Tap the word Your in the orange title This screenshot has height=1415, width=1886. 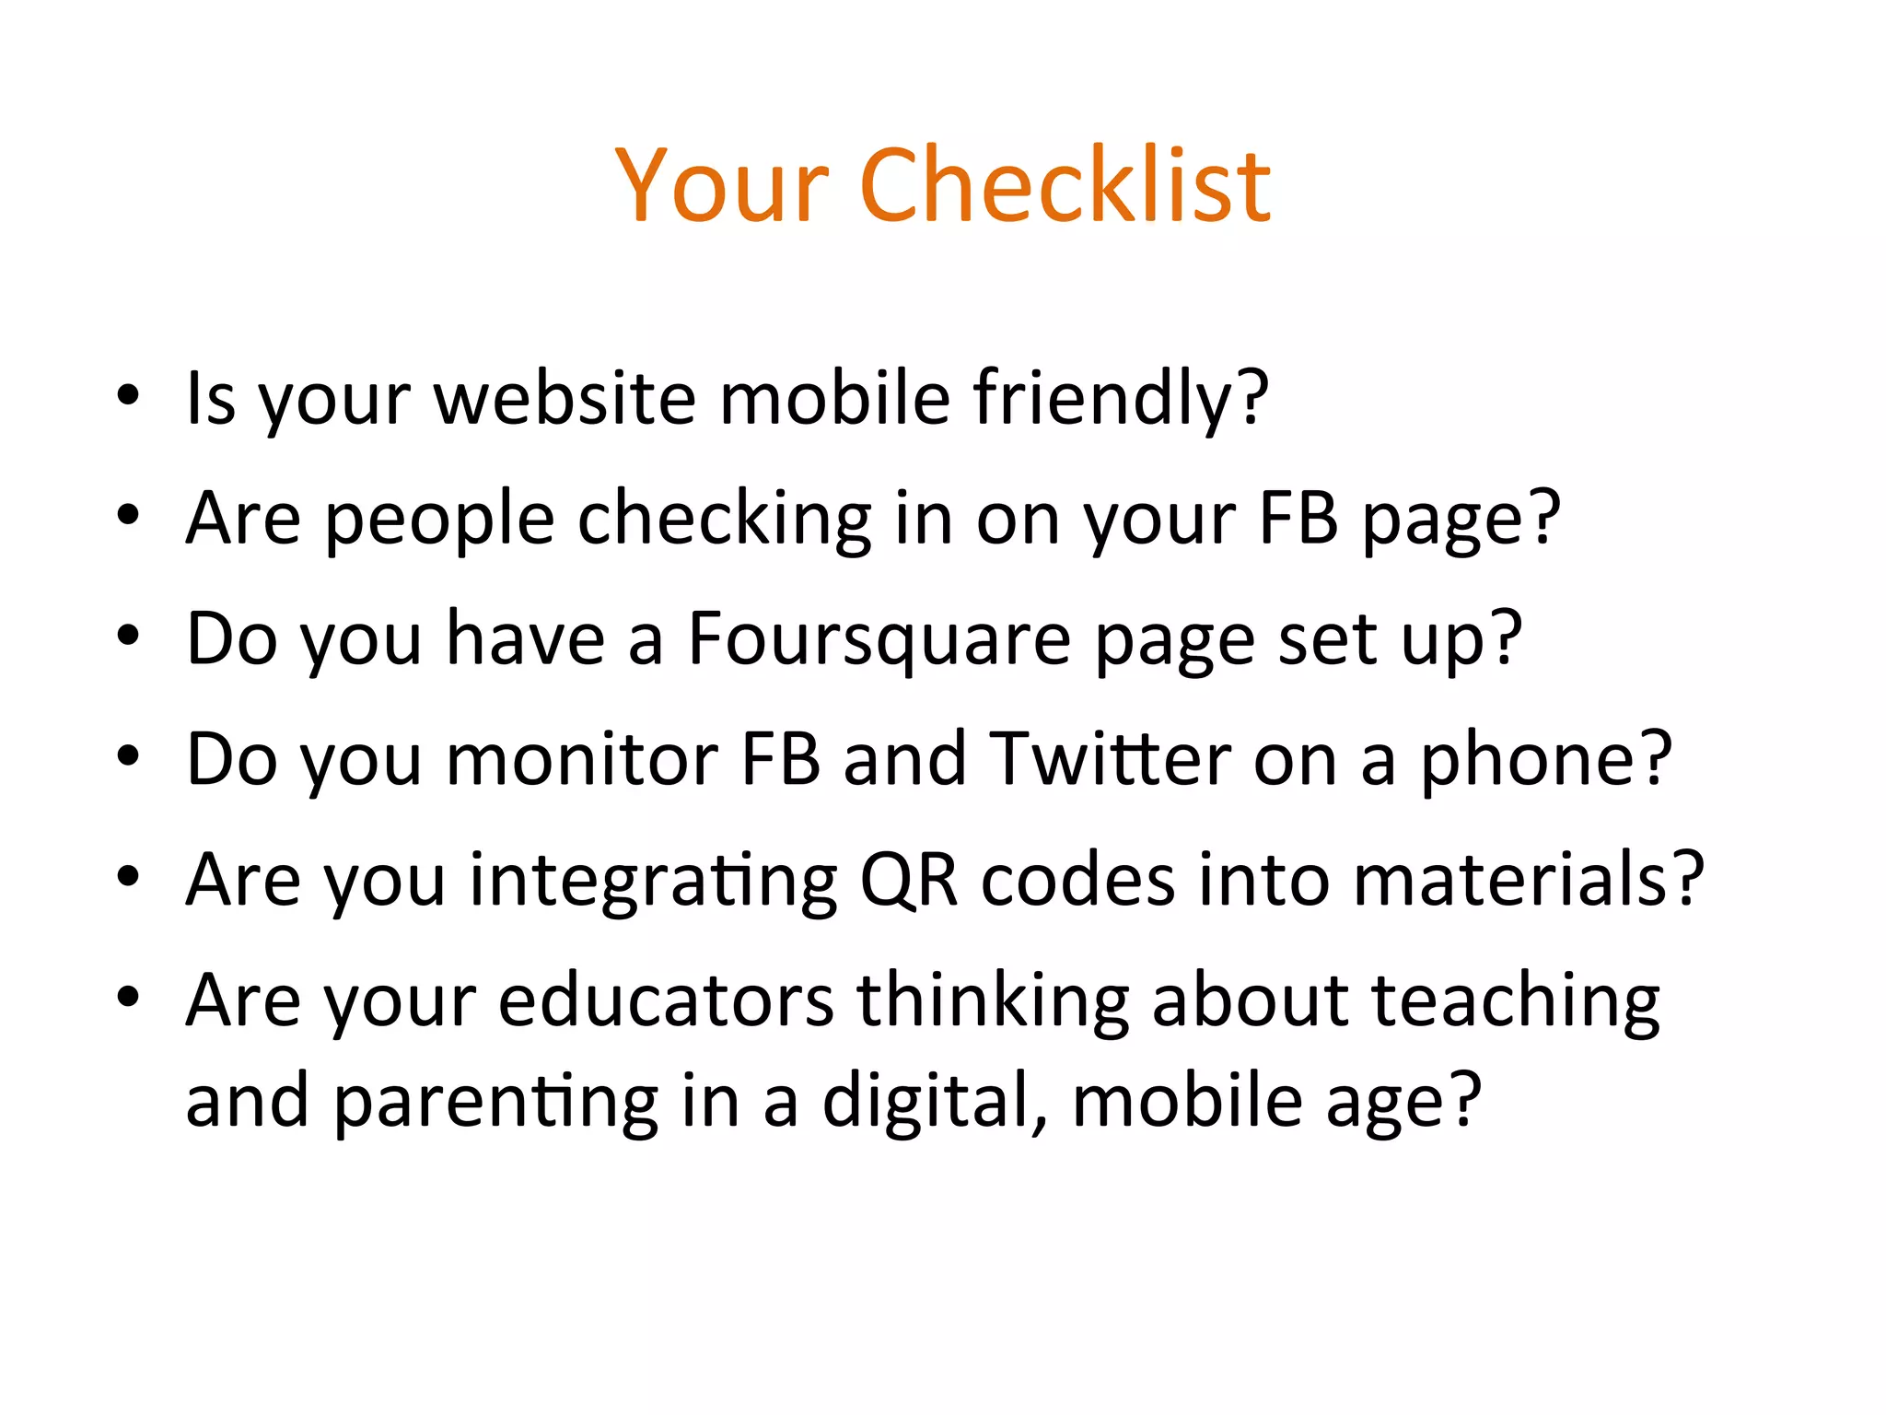(x=722, y=187)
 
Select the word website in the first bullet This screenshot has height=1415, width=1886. (x=565, y=399)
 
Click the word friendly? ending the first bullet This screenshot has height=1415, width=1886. (x=1121, y=399)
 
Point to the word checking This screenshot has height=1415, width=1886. (x=724, y=519)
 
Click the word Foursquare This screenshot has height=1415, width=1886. (x=879, y=638)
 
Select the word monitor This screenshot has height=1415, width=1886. (x=581, y=760)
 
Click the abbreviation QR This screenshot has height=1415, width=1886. (x=908, y=880)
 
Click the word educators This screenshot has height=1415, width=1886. (x=666, y=1000)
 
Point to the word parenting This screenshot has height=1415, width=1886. (x=495, y=1102)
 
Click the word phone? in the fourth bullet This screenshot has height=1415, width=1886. (x=1545, y=760)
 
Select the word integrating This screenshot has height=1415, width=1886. (x=653, y=882)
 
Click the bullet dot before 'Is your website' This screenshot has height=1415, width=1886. (x=128, y=396)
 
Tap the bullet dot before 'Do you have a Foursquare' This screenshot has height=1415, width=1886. (x=128, y=636)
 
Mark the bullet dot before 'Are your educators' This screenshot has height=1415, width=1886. (x=128, y=997)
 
